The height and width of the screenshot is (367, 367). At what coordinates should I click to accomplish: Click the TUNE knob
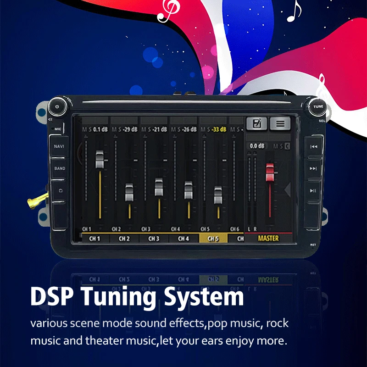[x=318, y=106]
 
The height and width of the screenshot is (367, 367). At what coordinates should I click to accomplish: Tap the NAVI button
[x=59, y=146]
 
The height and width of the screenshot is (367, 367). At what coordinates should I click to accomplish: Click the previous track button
[x=313, y=147]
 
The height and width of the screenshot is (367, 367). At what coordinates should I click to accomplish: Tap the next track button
[x=313, y=168]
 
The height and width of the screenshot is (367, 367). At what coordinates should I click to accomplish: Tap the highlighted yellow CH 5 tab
[x=213, y=239]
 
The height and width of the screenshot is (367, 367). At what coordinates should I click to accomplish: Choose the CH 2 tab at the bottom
[x=124, y=239]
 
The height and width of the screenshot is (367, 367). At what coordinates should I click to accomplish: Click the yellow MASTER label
[x=268, y=239]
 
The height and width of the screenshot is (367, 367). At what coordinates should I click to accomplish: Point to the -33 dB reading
[x=220, y=130]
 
